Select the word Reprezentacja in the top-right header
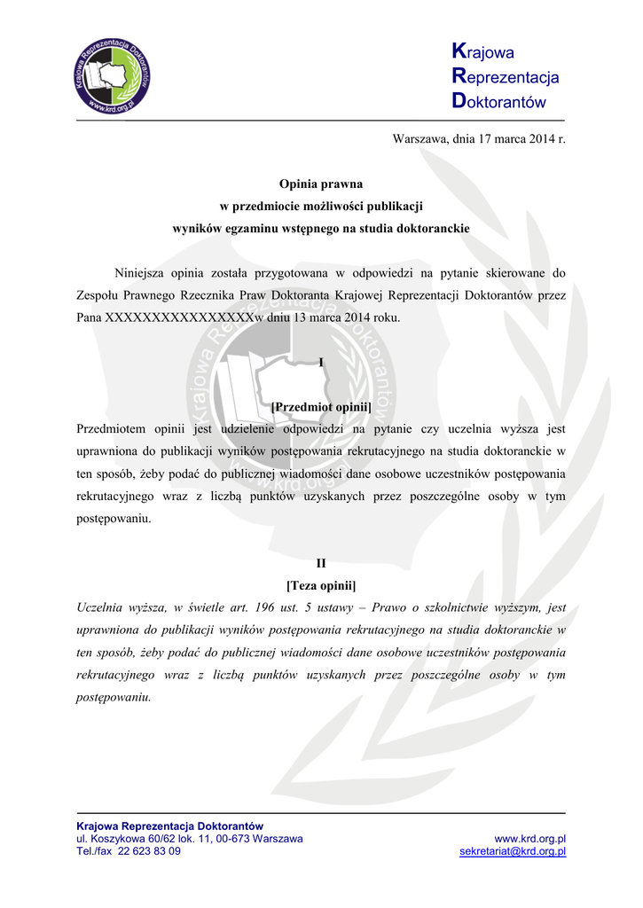(506, 77)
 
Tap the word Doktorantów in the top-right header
(498, 102)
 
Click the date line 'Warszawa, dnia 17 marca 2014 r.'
(479, 139)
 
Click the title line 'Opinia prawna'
(321, 184)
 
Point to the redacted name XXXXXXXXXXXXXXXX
(180, 317)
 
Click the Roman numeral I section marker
(321, 361)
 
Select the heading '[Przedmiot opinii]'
(321, 406)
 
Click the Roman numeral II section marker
(321, 563)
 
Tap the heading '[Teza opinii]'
(321, 586)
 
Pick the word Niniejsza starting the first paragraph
(142, 272)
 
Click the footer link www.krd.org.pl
(529, 839)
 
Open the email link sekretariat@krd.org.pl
(513, 851)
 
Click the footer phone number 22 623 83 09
(149, 851)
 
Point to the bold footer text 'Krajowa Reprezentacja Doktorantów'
(169, 826)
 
